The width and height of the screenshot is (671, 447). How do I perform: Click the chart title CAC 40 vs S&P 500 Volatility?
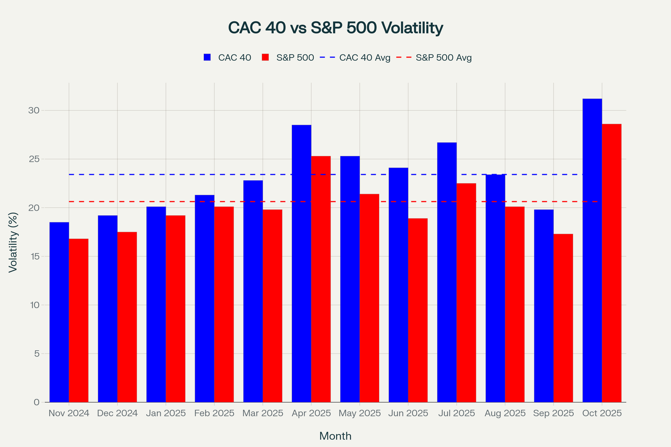335,28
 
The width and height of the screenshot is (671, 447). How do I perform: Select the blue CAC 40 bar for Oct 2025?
592,251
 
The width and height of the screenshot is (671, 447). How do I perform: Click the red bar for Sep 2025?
563,318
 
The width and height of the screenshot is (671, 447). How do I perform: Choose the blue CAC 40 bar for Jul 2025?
447,272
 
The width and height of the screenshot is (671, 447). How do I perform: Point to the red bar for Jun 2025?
418,310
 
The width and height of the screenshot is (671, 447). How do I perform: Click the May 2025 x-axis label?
359,413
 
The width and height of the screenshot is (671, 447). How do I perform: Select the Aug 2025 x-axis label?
505,413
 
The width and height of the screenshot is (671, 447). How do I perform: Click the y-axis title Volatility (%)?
13,242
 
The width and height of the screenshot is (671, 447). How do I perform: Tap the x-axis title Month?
335,436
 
